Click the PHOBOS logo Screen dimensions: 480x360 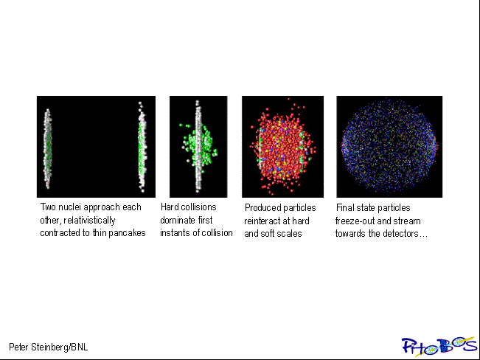click(439, 346)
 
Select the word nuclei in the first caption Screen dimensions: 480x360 click(69, 207)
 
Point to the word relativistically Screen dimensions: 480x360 click(89, 221)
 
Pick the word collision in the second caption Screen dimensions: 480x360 click(217, 233)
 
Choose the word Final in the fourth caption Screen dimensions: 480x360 click(344, 208)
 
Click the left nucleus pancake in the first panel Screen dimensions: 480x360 click(47, 148)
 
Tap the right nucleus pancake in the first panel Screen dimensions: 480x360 click(142, 147)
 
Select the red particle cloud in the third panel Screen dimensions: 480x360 click(282, 147)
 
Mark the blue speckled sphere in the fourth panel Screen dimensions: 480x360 click(389, 146)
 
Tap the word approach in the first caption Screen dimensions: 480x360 click(102, 207)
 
